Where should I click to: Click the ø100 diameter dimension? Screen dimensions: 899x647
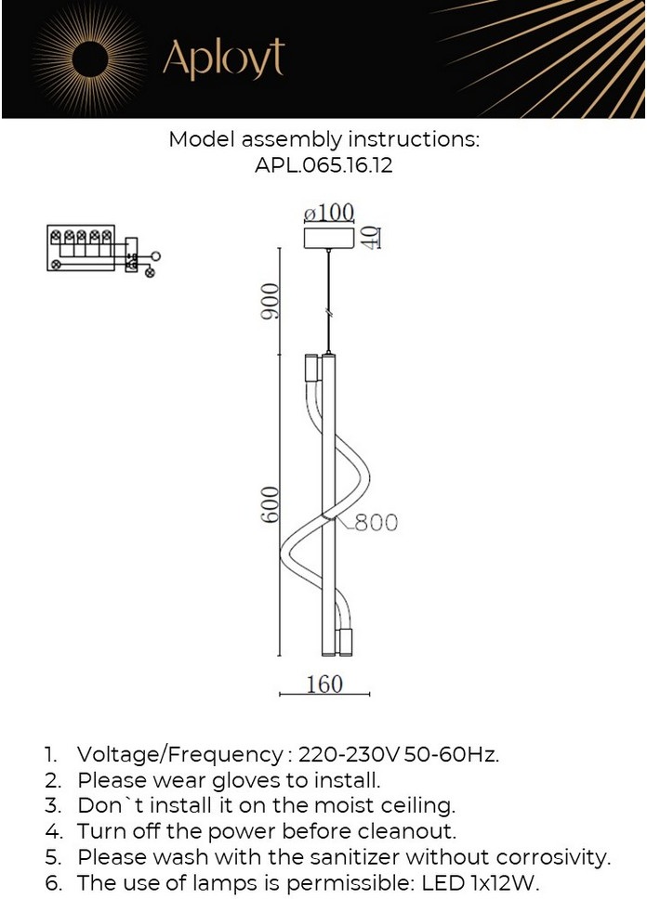(329, 213)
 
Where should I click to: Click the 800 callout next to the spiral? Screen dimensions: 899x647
(375, 523)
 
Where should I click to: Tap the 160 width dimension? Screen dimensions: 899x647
(323, 684)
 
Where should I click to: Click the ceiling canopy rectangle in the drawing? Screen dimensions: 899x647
(330, 238)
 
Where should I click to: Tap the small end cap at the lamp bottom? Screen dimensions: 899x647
(346, 641)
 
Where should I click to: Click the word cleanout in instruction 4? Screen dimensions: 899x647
(406, 831)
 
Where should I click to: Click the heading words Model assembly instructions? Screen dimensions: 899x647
(323, 140)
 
